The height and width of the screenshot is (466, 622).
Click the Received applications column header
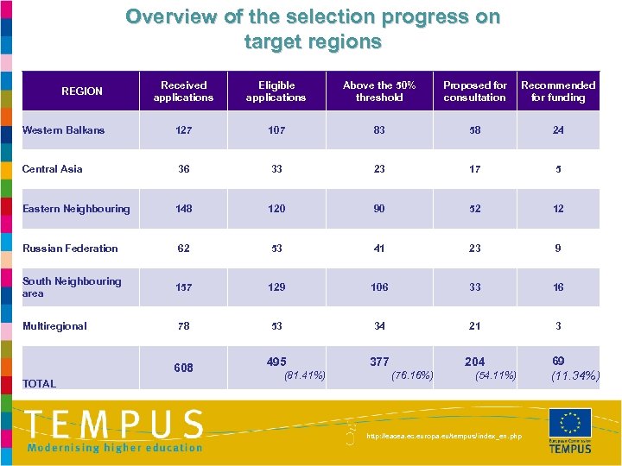click(183, 91)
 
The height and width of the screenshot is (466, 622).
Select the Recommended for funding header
click(558, 91)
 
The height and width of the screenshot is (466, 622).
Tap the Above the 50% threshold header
click(379, 91)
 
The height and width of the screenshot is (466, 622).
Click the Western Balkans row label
click(63, 130)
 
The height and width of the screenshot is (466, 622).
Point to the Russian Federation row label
click(70, 249)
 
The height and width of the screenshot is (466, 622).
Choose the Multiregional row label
click(54, 326)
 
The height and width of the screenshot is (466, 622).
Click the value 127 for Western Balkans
click(183, 130)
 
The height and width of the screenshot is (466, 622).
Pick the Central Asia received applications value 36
click(183, 169)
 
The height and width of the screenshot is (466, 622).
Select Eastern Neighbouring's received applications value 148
click(183, 209)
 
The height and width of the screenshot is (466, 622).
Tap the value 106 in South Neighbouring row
click(379, 287)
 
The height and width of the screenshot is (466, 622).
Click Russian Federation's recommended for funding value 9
click(558, 249)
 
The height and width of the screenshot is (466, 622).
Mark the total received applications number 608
click(183, 368)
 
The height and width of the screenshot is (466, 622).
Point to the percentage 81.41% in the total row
click(304, 375)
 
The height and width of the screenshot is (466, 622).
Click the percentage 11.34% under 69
click(574, 375)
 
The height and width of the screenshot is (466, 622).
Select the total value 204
click(474, 362)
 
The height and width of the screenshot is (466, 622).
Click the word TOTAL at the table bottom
click(39, 384)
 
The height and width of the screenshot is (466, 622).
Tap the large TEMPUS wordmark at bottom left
click(113, 425)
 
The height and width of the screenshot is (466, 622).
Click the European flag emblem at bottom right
click(570, 422)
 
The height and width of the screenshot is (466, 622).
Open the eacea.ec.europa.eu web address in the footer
click(444, 437)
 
